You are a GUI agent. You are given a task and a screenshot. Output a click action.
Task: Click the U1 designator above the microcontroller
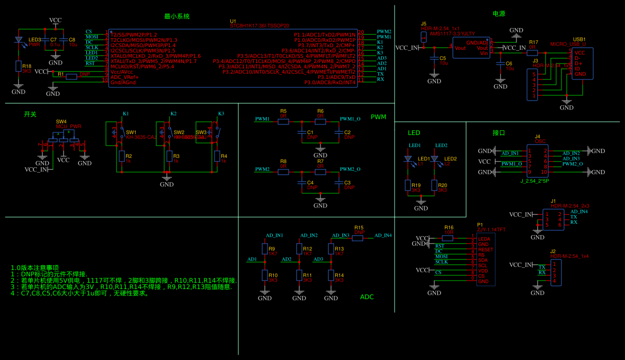click(x=233, y=21)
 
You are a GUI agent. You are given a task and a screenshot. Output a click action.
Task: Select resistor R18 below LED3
click(x=19, y=66)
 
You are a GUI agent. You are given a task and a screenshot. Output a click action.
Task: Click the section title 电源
click(x=498, y=14)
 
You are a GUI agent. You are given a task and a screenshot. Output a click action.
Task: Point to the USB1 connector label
click(x=579, y=39)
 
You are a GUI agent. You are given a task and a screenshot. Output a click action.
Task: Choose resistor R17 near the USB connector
click(x=532, y=52)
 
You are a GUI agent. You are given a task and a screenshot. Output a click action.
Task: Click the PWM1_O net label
click(x=350, y=119)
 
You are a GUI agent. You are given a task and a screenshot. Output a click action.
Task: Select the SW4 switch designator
click(x=61, y=122)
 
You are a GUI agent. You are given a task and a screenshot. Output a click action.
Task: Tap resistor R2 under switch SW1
click(x=121, y=156)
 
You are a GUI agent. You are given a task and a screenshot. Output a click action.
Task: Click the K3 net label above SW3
click(x=221, y=114)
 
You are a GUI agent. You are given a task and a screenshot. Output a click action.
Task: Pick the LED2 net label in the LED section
click(x=441, y=146)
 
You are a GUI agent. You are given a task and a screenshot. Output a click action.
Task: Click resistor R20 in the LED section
click(x=434, y=185)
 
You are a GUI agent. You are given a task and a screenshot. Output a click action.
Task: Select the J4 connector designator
click(x=538, y=137)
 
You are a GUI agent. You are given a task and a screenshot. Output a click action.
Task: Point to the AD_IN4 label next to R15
click(x=383, y=236)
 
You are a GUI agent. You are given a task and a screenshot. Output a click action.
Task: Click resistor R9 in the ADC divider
click(x=265, y=249)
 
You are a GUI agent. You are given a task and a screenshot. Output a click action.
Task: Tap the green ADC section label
click(x=367, y=297)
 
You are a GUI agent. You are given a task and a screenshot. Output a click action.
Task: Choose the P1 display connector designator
click(x=480, y=225)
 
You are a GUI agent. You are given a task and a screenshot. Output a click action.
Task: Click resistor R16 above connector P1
click(x=448, y=238)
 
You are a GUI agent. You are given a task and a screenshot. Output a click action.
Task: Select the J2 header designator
click(x=553, y=251)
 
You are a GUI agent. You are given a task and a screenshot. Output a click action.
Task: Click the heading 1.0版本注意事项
click(x=34, y=268)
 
